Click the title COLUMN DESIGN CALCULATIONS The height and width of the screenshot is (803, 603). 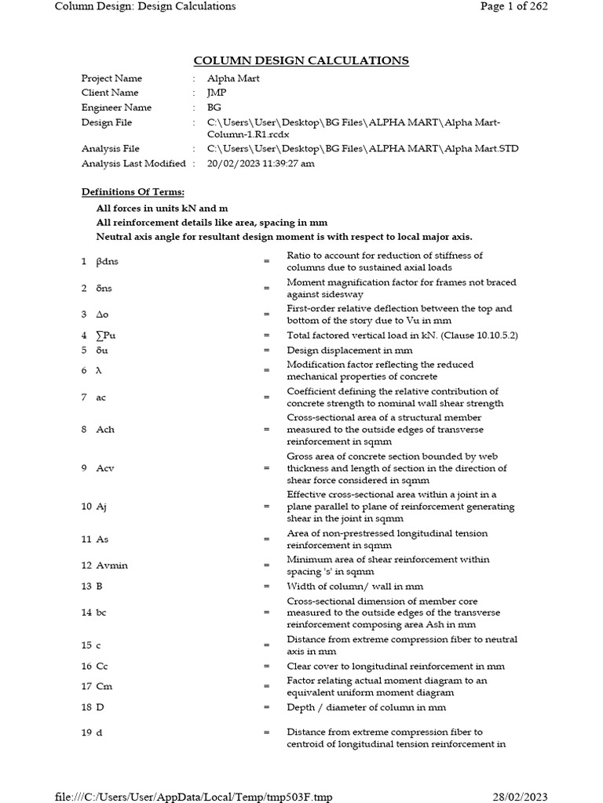pyautogui.click(x=301, y=60)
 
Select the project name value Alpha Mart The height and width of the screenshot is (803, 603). pyautogui.click(x=233, y=78)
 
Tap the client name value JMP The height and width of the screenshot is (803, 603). pyautogui.click(x=216, y=93)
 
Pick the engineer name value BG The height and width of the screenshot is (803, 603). pyautogui.click(x=214, y=107)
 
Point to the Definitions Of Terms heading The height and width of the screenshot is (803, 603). pyautogui.click(x=133, y=192)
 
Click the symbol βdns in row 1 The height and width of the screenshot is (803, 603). pyautogui.click(x=107, y=262)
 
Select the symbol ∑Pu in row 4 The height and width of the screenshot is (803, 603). pyautogui.click(x=106, y=336)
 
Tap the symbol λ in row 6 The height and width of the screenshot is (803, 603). pyautogui.click(x=98, y=371)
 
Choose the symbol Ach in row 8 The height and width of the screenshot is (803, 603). pyautogui.click(x=104, y=430)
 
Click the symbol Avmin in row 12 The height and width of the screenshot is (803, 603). pyautogui.click(x=111, y=565)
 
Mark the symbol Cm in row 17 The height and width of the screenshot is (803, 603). pyautogui.click(x=103, y=686)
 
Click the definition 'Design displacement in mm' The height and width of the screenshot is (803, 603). pyautogui.click(x=349, y=351)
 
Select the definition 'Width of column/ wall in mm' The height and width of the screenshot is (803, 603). pyautogui.click(x=355, y=586)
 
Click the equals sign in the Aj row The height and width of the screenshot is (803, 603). pyautogui.click(x=267, y=507)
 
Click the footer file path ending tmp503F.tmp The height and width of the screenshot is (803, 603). pyautogui.click(x=194, y=797)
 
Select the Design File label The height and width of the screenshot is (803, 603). pyautogui.click(x=107, y=122)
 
